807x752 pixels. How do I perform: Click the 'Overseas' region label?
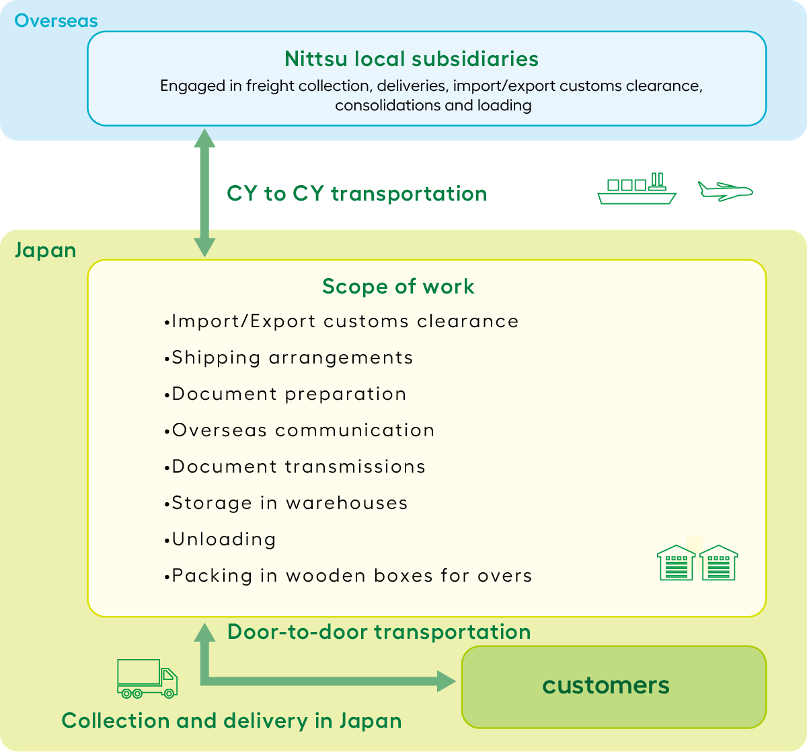(56, 20)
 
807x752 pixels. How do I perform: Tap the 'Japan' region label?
(45, 250)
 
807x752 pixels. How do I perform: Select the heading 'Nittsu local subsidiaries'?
(411, 59)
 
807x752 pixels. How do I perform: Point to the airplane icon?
(725, 191)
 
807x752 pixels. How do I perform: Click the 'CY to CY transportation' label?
(356, 193)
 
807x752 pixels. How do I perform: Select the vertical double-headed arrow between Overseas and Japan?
(204, 193)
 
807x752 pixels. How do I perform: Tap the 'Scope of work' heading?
(398, 286)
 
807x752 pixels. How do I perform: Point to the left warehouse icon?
(676, 563)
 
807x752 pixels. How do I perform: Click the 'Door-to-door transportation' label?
(379, 631)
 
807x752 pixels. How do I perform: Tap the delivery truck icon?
(147, 678)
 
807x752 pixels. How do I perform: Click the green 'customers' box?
(613, 687)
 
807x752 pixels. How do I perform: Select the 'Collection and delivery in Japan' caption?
(231, 720)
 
